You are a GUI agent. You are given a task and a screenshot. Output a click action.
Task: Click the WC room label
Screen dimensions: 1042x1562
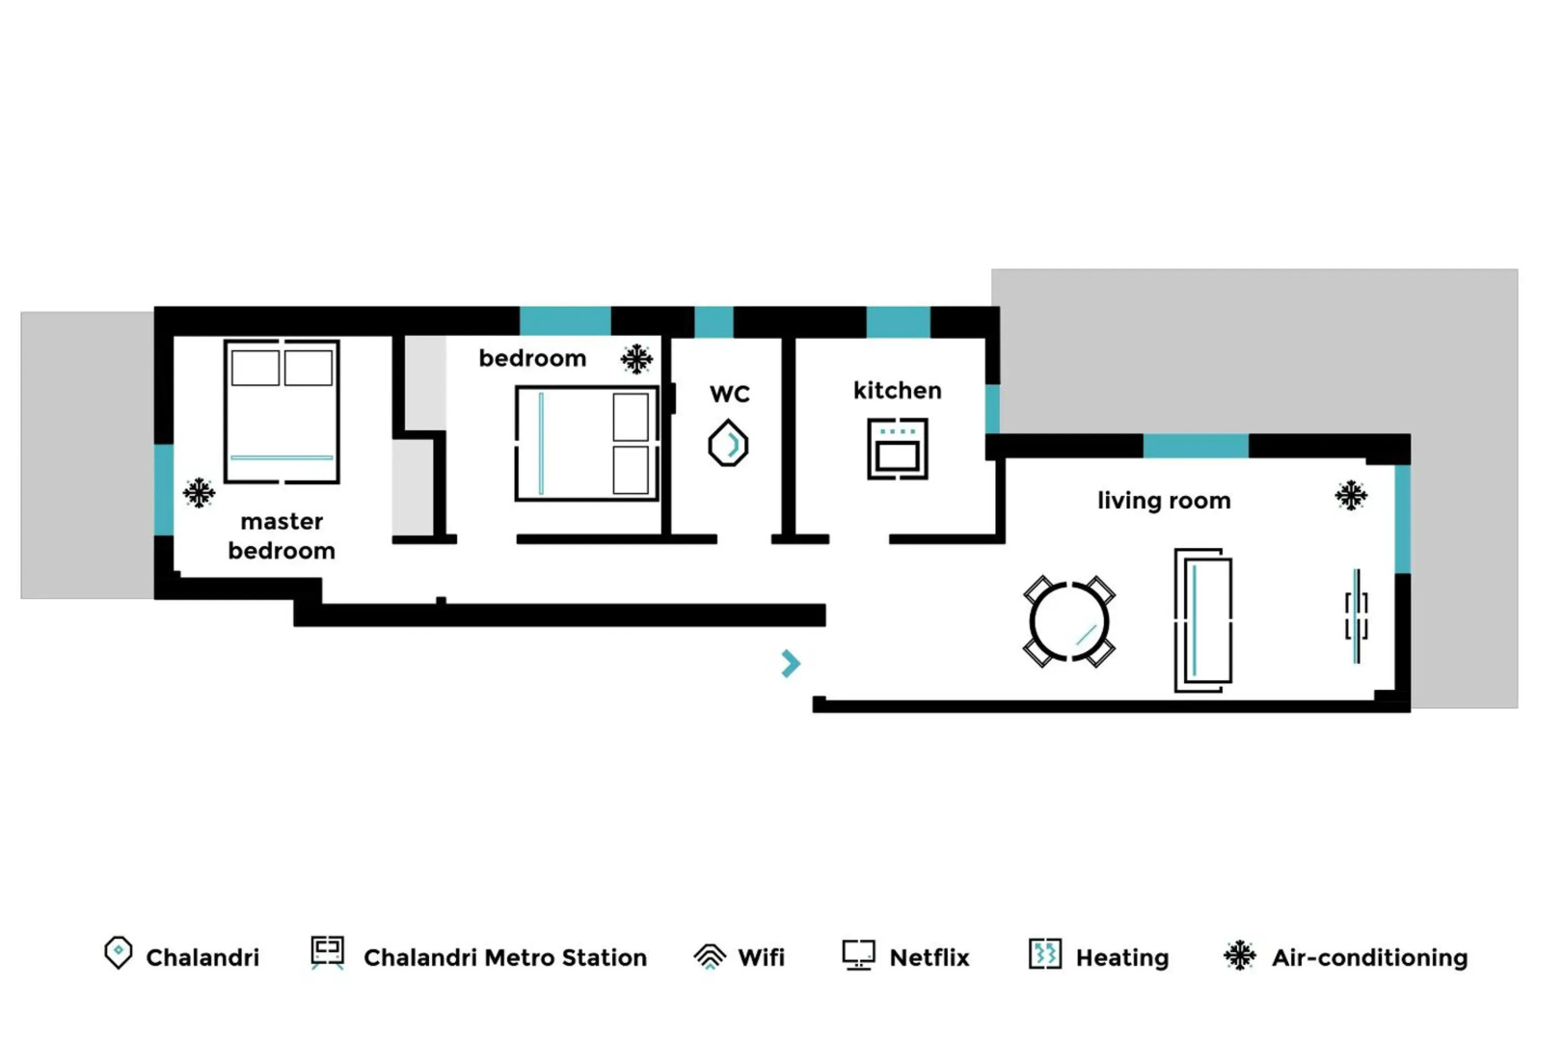729,394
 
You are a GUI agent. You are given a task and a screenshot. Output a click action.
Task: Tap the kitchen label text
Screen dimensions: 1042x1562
897,391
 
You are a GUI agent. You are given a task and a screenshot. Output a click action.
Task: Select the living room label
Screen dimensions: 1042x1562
1163,501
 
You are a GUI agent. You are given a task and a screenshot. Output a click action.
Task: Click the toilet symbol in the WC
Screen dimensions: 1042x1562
728,445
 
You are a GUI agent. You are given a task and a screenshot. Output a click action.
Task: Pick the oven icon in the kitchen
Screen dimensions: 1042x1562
897,449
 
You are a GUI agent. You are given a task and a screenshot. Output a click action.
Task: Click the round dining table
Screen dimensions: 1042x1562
1068,621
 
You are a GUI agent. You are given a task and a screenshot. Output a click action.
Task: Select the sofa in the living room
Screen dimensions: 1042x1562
1202,620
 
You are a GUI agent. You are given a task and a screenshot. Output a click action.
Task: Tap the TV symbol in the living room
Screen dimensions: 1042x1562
1356,617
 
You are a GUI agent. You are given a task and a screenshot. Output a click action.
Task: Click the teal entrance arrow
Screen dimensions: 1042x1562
791,663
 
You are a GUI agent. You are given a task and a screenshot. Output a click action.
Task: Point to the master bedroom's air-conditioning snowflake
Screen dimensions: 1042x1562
200,493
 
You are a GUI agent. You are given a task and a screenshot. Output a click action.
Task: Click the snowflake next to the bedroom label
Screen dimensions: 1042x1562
636,359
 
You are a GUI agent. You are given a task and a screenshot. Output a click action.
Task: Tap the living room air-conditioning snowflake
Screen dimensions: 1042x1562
1351,496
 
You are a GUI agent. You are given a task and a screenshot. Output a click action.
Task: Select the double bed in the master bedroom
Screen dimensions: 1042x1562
282,411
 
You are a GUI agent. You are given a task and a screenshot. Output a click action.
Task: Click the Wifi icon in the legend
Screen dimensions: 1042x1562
710,956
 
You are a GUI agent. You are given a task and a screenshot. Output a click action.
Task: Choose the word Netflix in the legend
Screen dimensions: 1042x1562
929,958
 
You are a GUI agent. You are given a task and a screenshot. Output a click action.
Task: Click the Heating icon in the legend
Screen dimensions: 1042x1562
1044,954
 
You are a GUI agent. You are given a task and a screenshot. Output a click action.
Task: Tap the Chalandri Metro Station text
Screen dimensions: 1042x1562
504,958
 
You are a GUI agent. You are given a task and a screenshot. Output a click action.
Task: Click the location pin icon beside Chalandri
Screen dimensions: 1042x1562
118,953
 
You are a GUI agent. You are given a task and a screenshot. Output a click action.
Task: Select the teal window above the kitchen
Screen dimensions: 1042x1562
898,322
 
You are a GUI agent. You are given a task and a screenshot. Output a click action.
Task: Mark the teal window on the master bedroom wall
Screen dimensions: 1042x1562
164,489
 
